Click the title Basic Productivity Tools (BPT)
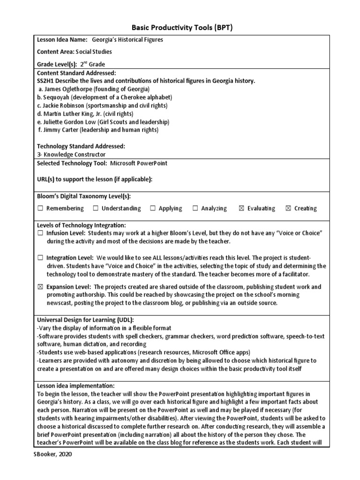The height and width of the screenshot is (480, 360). pyautogui.click(x=180, y=28)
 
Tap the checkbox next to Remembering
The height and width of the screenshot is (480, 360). pyautogui.click(x=40, y=209)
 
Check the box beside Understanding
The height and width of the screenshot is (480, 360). pyautogui.click(x=96, y=209)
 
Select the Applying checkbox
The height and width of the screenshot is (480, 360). pyautogui.click(x=153, y=209)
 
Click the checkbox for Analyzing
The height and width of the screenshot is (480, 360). pyautogui.click(x=195, y=209)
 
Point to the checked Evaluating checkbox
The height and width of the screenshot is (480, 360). pyautogui.click(x=241, y=209)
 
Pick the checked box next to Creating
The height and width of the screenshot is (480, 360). pyautogui.click(x=288, y=209)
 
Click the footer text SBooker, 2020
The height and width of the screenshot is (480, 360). pyautogui.click(x=53, y=454)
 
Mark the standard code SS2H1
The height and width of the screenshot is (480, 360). pyautogui.click(x=46, y=81)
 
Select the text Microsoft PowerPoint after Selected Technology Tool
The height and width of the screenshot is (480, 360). pyautogui.click(x=139, y=163)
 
